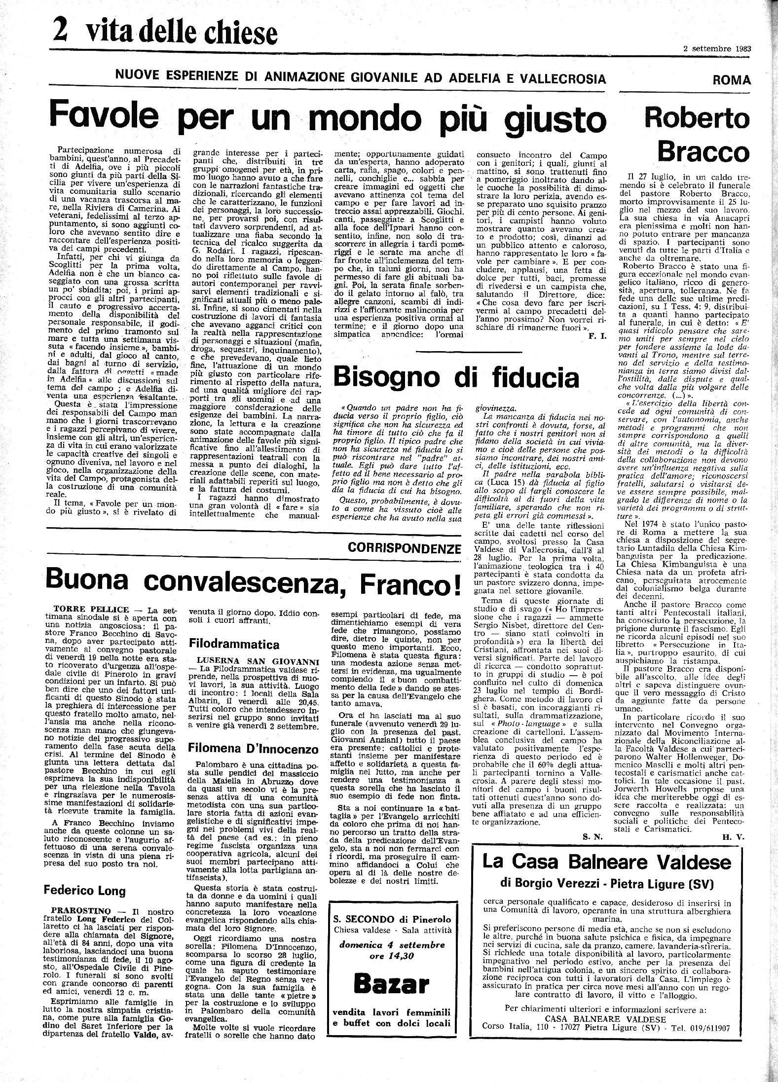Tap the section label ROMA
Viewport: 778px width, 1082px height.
click(x=732, y=80)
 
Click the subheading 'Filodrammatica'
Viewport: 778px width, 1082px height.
click(x=234, y=644)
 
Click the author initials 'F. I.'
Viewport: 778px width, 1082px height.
click(x=598, y=336)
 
